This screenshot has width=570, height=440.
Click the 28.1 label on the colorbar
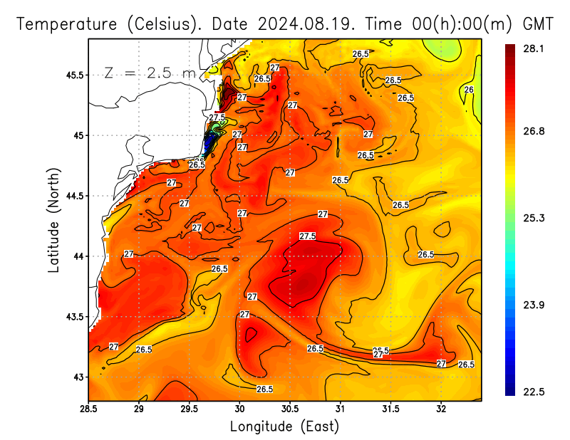tap(534, 48)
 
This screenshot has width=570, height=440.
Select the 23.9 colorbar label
tap(534, 305)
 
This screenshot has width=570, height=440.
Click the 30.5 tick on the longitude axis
tap(290, 409)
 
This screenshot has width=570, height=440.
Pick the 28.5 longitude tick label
tap(88, 409)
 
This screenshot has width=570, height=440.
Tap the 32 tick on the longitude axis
tap(441, 409)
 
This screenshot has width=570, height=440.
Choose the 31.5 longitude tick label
tap(390, 409)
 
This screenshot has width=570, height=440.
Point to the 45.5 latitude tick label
tap(73, 75)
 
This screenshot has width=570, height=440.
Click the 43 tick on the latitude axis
tap(78, 377)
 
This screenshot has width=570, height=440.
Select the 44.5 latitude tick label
tap(73, 196)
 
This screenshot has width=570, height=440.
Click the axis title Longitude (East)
tap(284, 426)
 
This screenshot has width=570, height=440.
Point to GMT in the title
tap(538, 23)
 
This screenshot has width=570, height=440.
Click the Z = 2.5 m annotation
tap(149, 73)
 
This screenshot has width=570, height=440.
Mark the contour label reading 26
tap(469, 90)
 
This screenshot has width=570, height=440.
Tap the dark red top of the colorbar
tap(510, 50)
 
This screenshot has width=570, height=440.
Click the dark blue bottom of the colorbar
tap(510, 389)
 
